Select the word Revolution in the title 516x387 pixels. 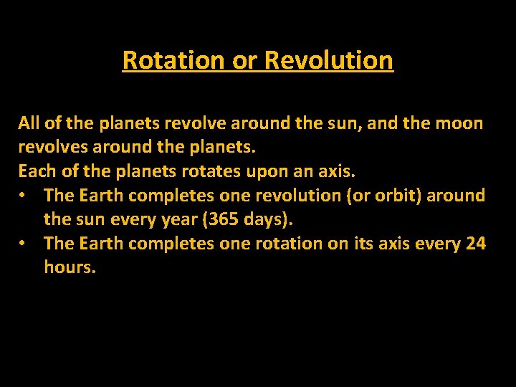coord(329,60)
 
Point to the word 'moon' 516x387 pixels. coord(459,123)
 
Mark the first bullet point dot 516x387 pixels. coord(24,196)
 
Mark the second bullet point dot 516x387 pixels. coord(24,244)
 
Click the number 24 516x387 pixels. coord(475,244)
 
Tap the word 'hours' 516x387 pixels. coord(69,268)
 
